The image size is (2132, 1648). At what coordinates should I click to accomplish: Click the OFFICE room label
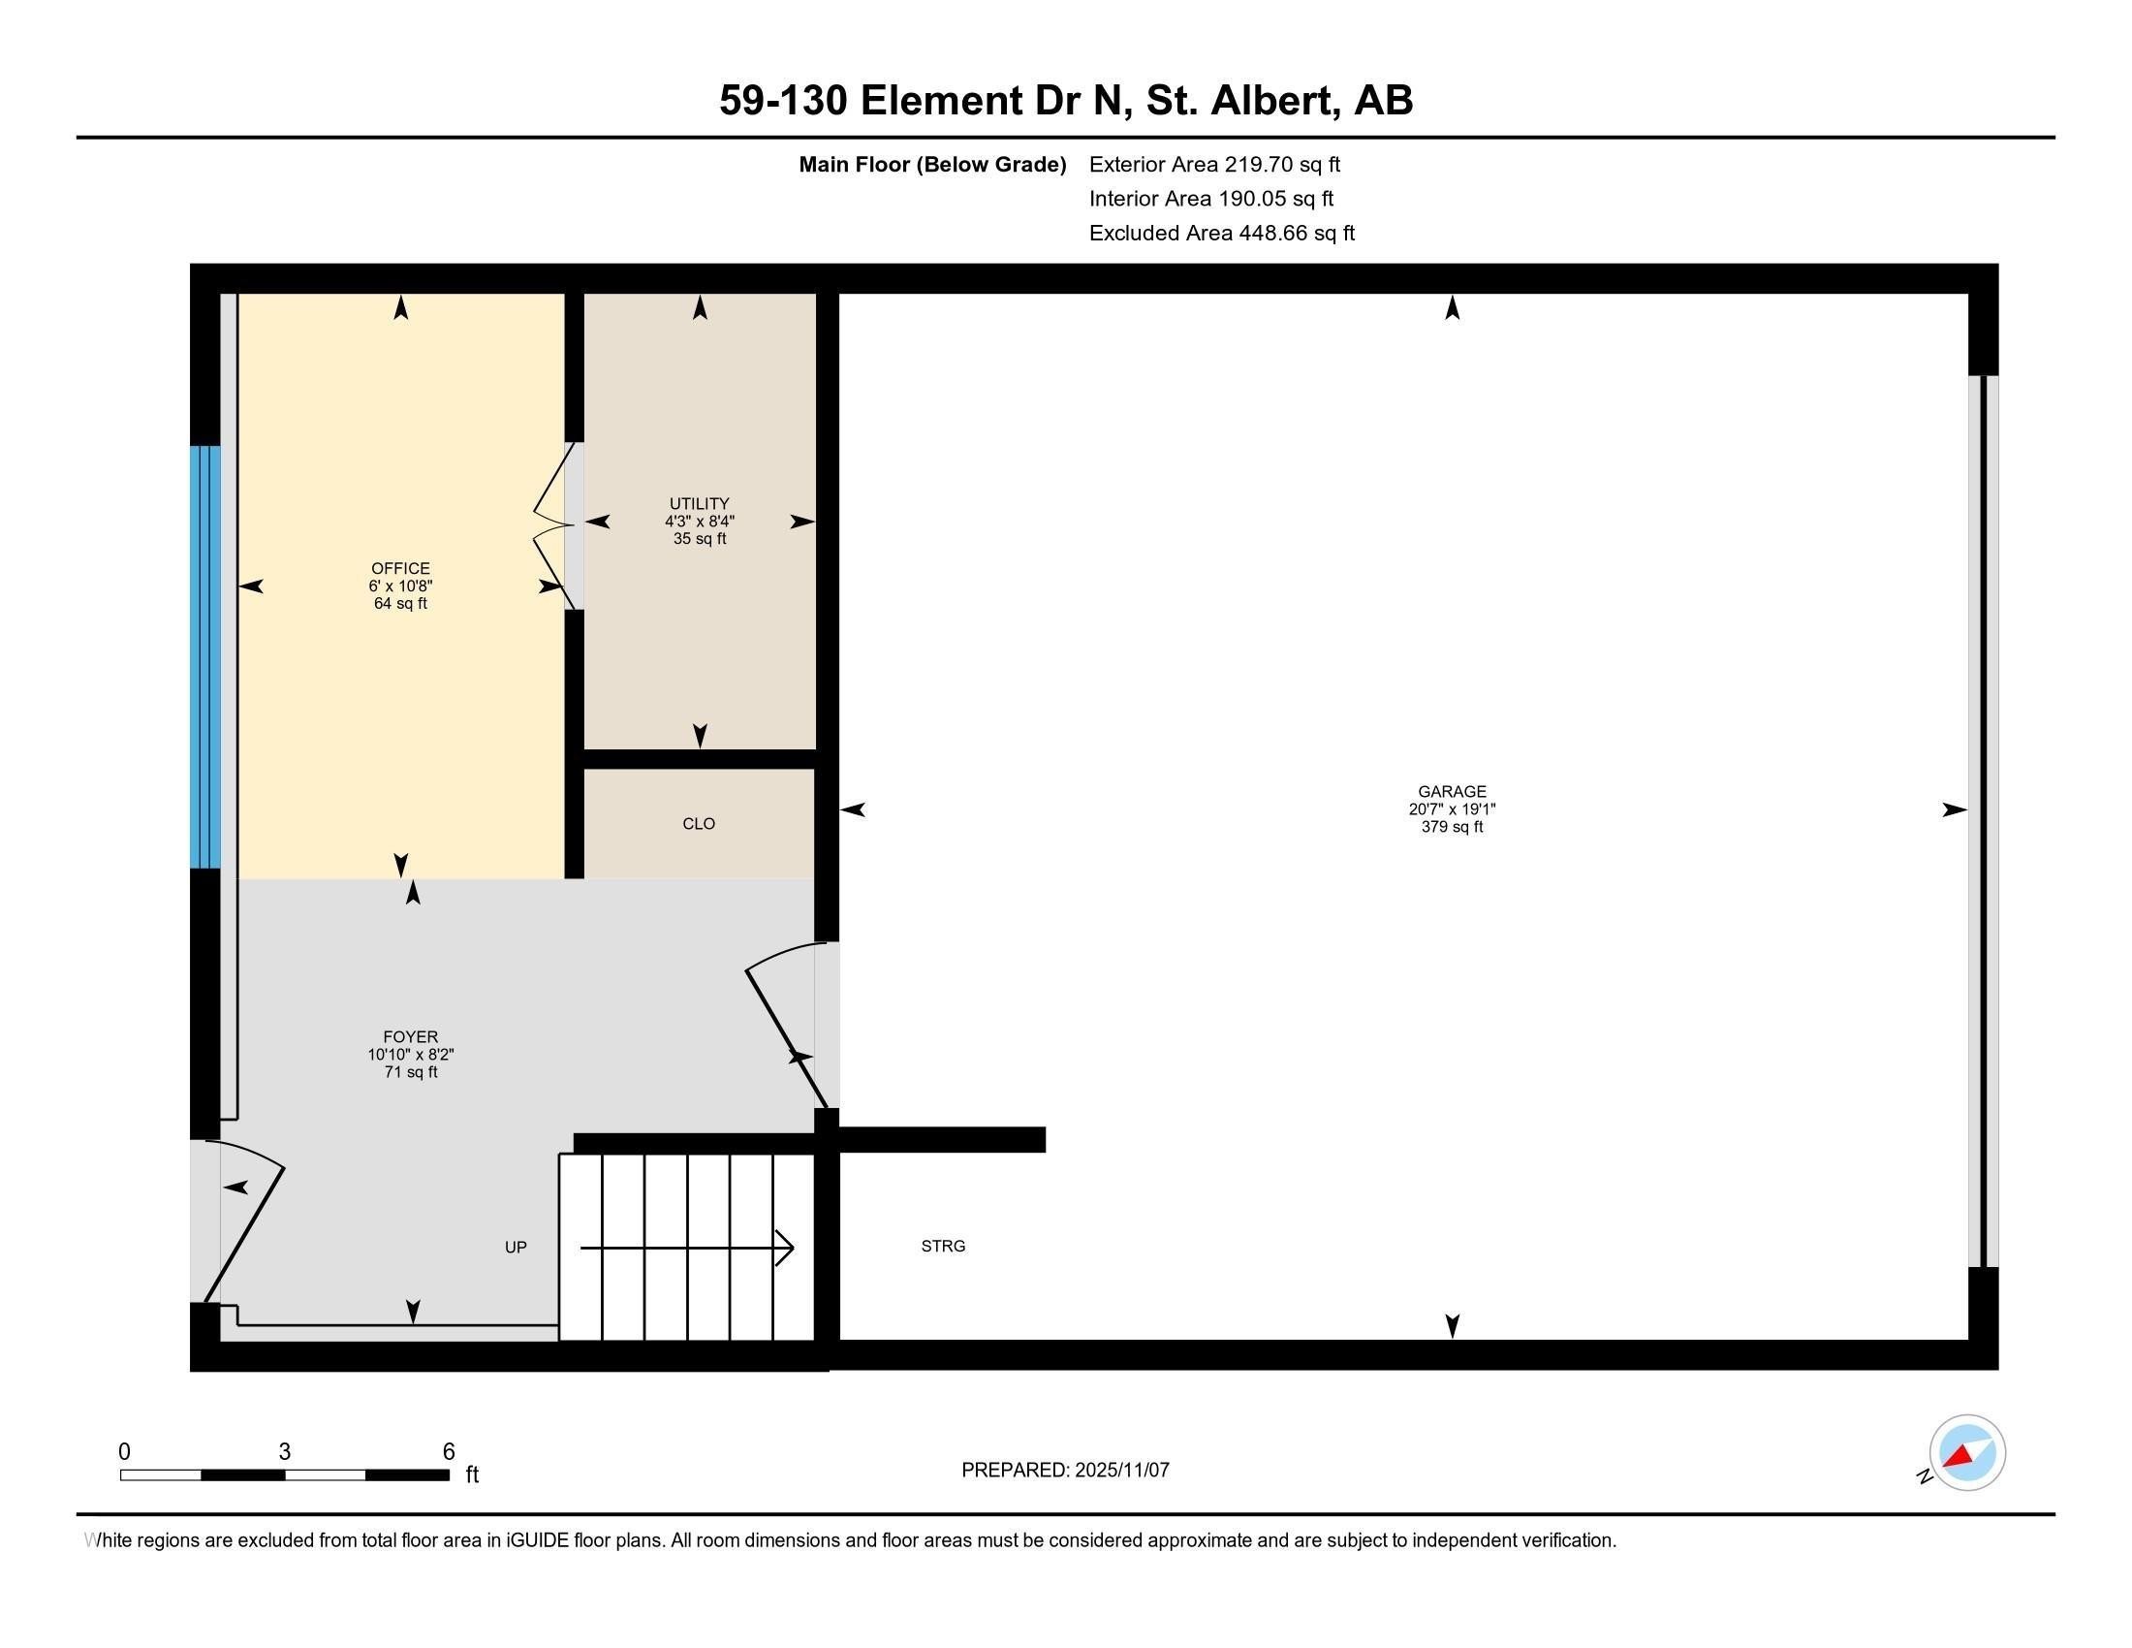point(400,568)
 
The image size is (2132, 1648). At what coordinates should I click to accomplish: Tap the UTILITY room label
point(699,504)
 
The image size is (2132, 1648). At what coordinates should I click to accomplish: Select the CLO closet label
point(699,824)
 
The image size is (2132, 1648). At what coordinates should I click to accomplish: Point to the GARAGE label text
point(1452,792)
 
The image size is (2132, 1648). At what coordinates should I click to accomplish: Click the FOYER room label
point(410,1037)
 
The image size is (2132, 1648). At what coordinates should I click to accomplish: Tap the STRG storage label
point(943,1247)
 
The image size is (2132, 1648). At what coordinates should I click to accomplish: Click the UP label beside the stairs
point(516,1248)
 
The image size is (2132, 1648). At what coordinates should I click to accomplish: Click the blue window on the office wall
point(205,657)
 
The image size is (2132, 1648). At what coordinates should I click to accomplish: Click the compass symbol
point(1966,1453)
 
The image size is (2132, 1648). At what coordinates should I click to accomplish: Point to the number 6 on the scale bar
point(449,1452)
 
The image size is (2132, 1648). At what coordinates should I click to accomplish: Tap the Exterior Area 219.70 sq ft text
point(1214,165)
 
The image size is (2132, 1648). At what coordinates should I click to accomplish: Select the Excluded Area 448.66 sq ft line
point(1221,234)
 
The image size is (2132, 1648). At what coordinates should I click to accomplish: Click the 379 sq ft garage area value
point(1452,827)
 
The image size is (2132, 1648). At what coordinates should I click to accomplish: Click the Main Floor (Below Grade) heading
point(932,165)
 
